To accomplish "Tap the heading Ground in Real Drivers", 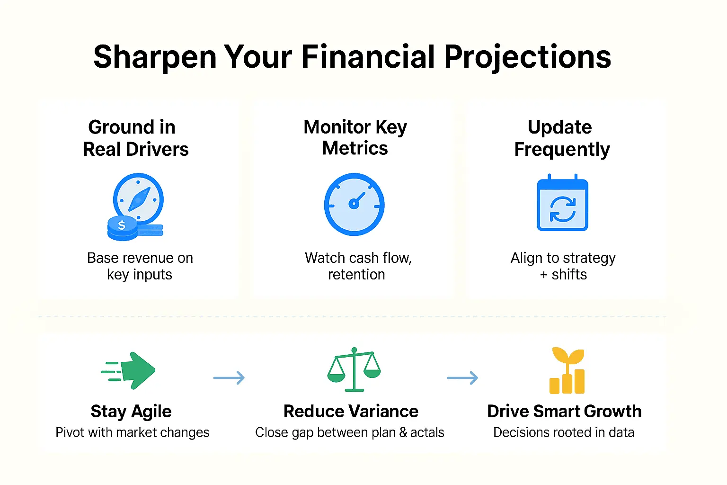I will [x=135, y=138].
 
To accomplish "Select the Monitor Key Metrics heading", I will [x=355, y=137].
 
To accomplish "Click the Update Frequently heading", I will [x=561, y=138].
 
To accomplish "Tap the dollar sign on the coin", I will [x=122, y=225].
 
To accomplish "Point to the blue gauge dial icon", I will [x=354, y=204].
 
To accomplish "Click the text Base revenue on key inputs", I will [x=140, y=266].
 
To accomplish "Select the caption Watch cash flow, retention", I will [x=358, y=266].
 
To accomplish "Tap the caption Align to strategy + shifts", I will [x=563, y=266].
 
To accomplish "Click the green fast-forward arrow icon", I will [x=129, y=370].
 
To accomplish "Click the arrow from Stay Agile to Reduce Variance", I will [x=229, y=377].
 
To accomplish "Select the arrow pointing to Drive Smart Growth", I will [x=462, y=377].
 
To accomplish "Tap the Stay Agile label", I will [x=131, y=411].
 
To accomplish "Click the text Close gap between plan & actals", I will [x=349, y=432].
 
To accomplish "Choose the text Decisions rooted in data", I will [x=563, y=432].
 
